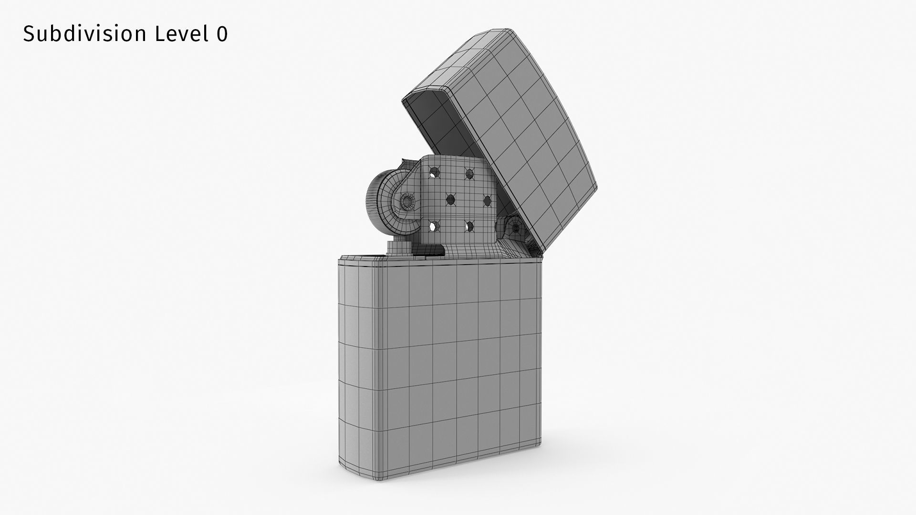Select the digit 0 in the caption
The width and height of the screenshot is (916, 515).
(x=222, y=34)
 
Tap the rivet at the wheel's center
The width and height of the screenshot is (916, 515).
(x=406, y=201)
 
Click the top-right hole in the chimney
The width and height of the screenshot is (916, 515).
(x=470, y=174)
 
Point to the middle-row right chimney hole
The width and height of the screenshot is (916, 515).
(x=487, y=201)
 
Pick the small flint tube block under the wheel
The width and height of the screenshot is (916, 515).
(x=395, y=248)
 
